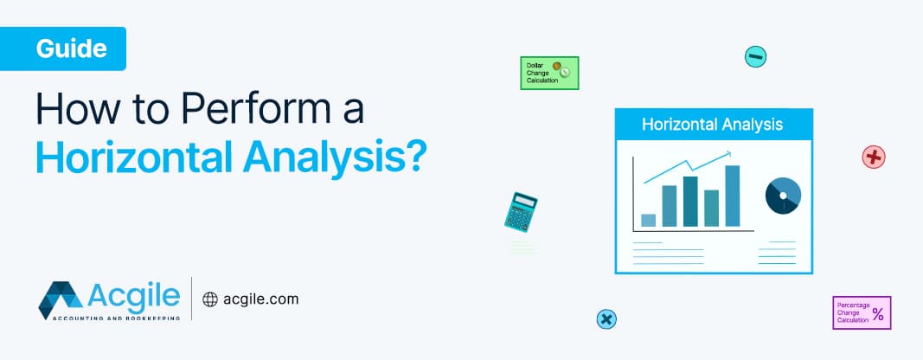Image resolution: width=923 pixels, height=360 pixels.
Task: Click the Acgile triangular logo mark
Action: point(60,299)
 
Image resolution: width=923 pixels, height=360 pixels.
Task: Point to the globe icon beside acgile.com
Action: point(209,299)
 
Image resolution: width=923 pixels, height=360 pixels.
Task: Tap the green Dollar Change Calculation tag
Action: point(548,74)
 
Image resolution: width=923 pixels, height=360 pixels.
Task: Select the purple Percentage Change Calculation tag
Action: point(861,312)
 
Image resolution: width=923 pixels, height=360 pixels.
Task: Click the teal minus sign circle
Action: point(755,57)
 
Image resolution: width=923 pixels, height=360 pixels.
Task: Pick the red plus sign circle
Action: point(874,157)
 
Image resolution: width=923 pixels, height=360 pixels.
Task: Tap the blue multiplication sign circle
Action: point(607,319)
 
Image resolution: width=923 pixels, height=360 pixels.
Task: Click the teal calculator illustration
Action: point(521,211)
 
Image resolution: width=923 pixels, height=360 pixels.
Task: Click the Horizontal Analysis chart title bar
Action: point(713,125)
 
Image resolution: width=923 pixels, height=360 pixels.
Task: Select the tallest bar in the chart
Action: point(733,196)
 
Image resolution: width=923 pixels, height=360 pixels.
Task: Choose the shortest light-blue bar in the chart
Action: point(648,220)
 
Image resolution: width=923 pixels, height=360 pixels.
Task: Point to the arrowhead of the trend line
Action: point(728,155)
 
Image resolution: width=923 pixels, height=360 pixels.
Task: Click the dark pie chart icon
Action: point(783,196)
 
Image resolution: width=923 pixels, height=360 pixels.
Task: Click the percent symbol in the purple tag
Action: point(877,314)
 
